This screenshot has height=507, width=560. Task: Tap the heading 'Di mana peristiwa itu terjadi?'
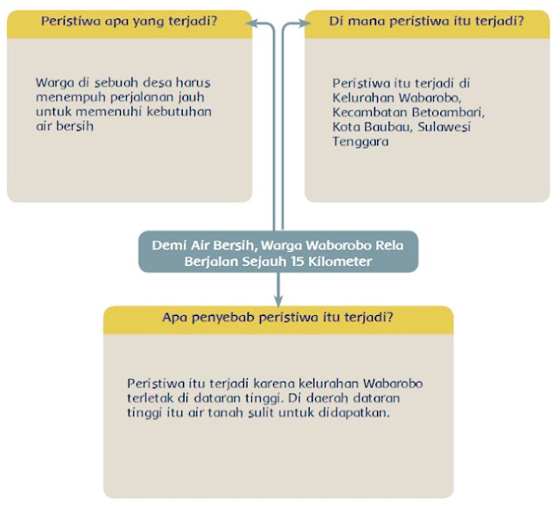point(426,21)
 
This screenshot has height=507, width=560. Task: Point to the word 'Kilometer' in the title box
point(338,262)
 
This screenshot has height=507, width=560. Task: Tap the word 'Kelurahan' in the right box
point(360,98)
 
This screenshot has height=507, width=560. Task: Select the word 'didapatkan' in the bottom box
point(356,412)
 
